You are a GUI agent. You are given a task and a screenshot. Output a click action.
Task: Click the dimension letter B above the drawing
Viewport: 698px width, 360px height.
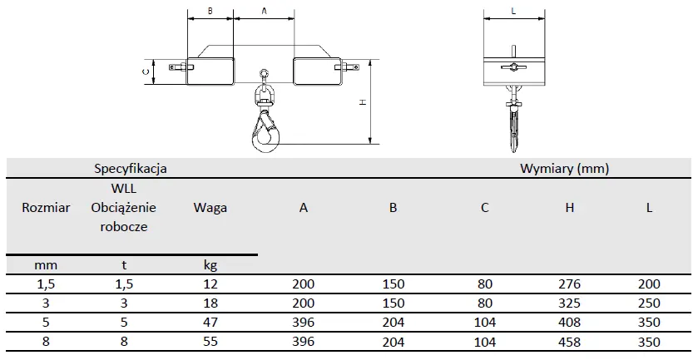(x=210, y=12)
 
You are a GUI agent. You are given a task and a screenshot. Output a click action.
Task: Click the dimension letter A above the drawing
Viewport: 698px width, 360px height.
(x=264, y=12)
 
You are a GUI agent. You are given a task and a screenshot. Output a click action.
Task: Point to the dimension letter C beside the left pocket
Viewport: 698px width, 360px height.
(x=145, y=72)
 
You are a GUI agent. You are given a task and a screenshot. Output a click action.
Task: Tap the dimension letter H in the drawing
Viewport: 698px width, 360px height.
(x=364, y=102)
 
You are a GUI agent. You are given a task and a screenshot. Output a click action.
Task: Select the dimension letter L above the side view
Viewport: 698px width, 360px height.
(x=513, y=12)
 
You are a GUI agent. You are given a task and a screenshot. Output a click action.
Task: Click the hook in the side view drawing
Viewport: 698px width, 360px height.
(x=513, y=129)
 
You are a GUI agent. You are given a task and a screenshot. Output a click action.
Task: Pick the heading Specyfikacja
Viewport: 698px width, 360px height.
(x=131, y=169)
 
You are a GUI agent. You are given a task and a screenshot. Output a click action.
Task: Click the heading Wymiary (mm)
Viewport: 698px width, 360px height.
(x=564, y=169)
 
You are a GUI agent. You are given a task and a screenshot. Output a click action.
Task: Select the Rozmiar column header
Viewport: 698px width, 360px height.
(x=46, y=208)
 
